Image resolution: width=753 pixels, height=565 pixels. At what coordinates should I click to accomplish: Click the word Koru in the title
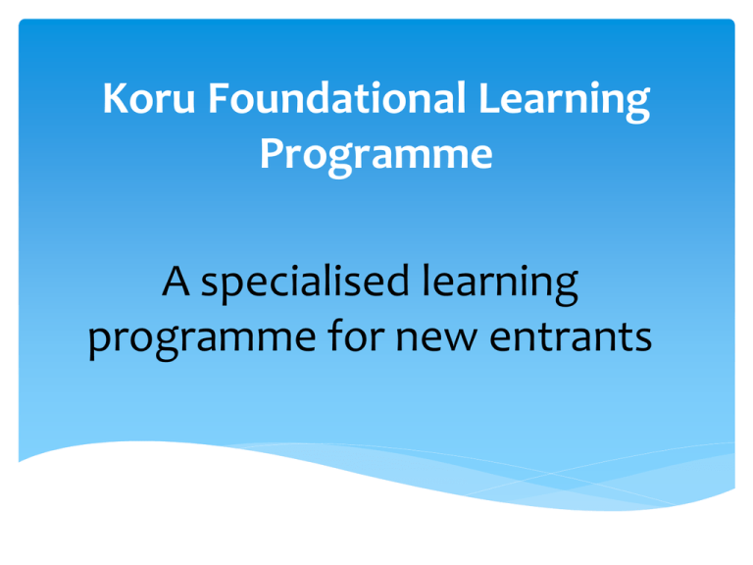[149, 98]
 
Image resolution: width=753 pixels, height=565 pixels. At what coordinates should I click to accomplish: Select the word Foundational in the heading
[336, 97]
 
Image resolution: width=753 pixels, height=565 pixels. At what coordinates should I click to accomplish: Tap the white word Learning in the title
[565, 101]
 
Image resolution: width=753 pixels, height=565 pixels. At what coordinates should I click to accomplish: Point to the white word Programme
[376, 156]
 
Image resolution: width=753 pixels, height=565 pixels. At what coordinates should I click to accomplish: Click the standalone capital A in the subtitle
[176, 282]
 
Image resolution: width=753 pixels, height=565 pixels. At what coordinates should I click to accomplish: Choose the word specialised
[305, 283]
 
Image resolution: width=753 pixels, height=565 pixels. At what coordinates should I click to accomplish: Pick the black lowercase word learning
[500, 283]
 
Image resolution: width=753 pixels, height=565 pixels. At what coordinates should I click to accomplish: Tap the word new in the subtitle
[436, 337]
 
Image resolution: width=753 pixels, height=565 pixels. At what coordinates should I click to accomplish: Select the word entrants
[571, 336]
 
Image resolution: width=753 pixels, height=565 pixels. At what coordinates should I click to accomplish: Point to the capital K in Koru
[116, 98]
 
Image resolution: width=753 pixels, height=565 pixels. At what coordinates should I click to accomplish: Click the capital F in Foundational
[218, 98]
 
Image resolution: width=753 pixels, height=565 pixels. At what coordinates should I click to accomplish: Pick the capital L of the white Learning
[489, 98]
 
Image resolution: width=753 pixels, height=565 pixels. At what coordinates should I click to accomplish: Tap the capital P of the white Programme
[272, 154]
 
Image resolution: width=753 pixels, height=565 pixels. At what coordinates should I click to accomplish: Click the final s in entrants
[643, 338]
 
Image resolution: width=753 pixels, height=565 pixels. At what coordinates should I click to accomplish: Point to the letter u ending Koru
[184, 102]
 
